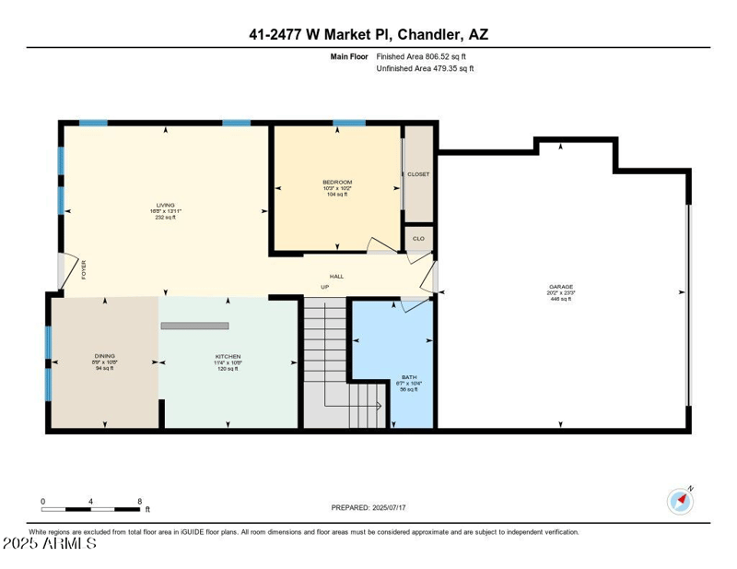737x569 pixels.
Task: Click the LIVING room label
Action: [x=166, y=205]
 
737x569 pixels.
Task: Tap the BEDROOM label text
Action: [x=337, y=182]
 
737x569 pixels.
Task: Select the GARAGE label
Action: [x=561, y=287]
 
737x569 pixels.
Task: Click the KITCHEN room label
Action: [x=228, y=356]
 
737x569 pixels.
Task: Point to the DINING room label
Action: [x=104, y=356]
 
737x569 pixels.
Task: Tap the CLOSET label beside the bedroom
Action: [x=418, y=173]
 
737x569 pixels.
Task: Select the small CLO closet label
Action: [x=418, y=238]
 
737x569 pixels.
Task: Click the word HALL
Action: [x=337, y=276]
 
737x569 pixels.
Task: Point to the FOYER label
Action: [x=84, y=269]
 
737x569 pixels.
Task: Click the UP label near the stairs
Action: [x=324, y=287]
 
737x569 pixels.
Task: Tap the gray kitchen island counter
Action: [x=194, y=326]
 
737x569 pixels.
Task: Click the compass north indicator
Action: [x=680, y=501]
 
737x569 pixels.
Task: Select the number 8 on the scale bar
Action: [x=139, y=501]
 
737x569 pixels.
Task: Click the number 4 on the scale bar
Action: [x=90, y=501]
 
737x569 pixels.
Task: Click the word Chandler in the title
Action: [x=427, y=35]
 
